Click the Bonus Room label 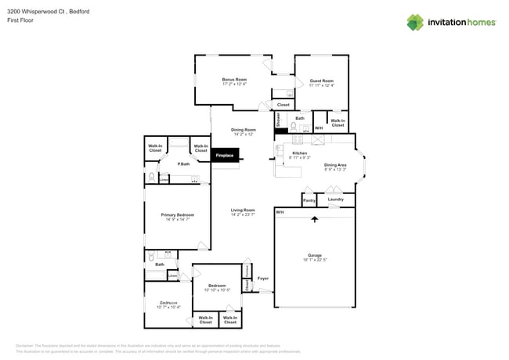[234, 79]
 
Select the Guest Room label [321, 81]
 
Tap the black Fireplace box [226, 156]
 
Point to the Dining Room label [243, 130]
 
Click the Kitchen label [300, 153]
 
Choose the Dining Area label [335, 165]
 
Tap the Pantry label [309, 200]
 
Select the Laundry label [336, 200]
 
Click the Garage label [315, 255]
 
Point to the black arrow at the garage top [315, 220]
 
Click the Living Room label [243, 210]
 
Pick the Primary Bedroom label [178, 214]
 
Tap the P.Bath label [183, 164]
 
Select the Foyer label [263, 278]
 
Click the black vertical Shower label [278, 119]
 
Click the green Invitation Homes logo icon [414, 22]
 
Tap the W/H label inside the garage [280, 211]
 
